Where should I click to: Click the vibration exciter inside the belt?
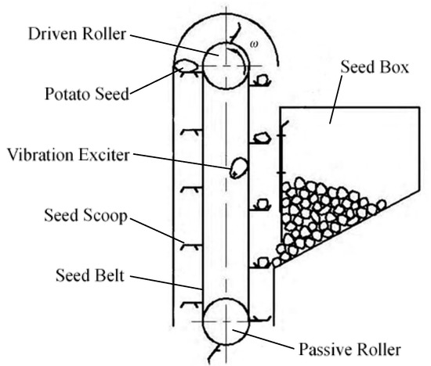pos(237,167)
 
